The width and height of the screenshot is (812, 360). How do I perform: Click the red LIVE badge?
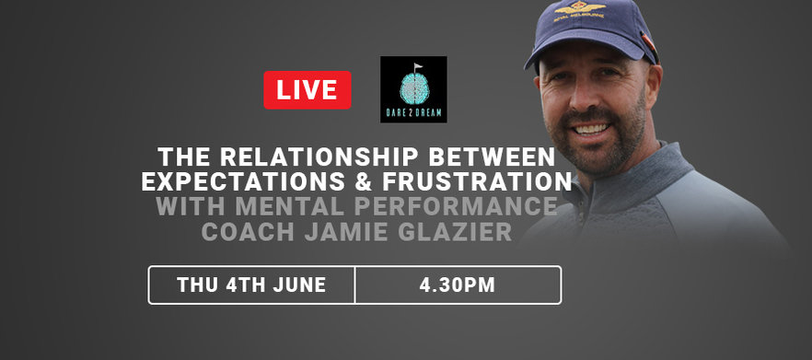[307, 90]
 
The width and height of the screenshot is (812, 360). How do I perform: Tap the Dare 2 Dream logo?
[413, 89]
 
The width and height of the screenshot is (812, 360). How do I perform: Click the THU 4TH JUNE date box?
[251, 285]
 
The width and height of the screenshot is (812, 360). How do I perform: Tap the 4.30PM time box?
[458, 285]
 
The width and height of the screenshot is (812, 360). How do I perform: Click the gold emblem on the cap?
[579, 8]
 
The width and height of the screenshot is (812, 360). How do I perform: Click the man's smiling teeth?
[592, 129]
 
